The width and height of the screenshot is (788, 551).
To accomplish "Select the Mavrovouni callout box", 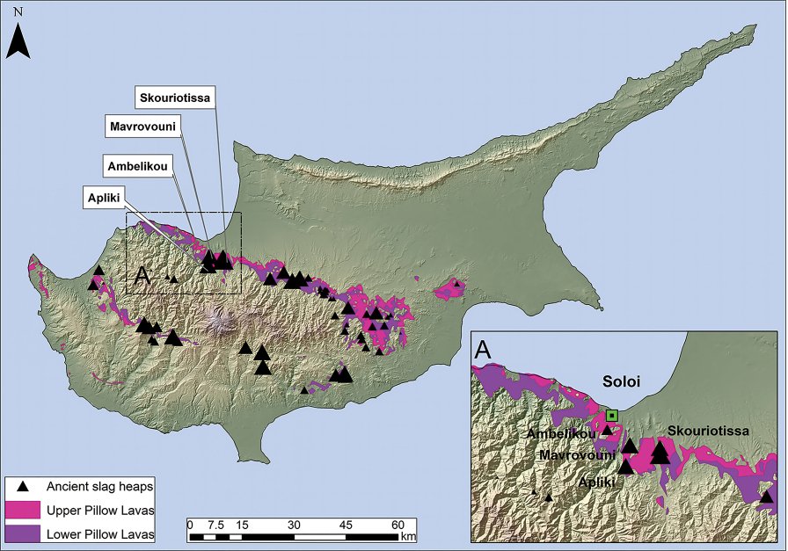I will coord(143,127).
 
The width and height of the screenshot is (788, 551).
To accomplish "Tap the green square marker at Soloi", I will coord(613,415).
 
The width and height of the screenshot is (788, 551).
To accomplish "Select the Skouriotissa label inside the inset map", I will coord(708,431).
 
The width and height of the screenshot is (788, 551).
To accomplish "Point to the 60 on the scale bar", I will coord(398,525).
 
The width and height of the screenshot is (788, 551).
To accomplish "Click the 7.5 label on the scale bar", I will coord(215,525).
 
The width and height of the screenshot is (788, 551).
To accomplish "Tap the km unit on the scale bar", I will coord(409,535).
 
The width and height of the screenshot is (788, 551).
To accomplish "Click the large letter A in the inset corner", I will coord(483,350).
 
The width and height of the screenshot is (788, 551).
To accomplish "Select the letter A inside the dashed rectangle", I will coord(141,275).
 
